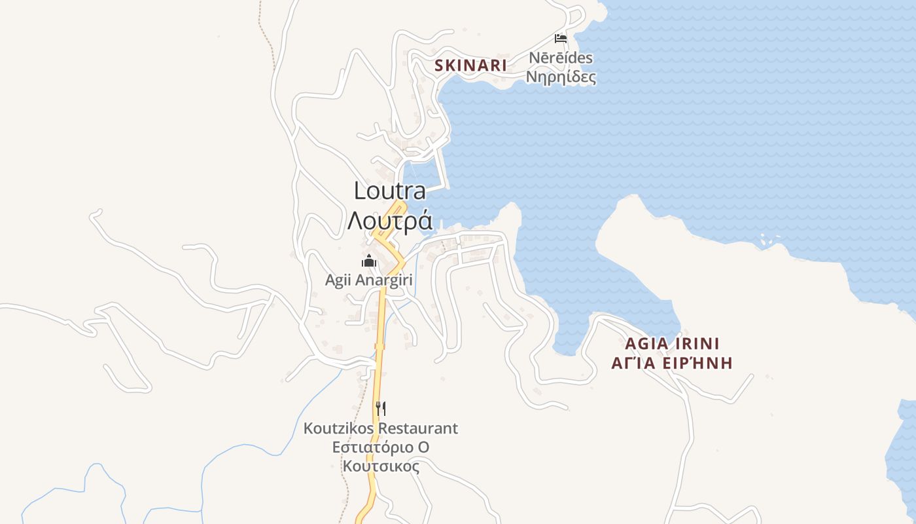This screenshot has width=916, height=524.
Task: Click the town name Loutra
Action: tap(390, 191)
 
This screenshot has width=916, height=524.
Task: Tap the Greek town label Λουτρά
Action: tap(390, 221)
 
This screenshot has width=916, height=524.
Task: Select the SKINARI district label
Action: tap(471, 65)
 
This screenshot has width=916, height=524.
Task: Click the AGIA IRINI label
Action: tap(672, 344)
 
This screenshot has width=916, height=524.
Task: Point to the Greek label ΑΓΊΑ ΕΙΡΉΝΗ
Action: tap(672, 364)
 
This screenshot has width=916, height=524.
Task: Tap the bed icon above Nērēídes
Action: tap(561, 38)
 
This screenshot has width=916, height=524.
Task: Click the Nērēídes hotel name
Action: tap(561, 58)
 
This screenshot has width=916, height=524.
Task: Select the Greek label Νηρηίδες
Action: tap(561, 77)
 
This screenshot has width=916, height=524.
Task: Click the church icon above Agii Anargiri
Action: tap(369, 261)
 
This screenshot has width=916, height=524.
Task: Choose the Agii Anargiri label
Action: tap(369, 280)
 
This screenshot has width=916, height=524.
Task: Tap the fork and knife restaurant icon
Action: tap(381, 409)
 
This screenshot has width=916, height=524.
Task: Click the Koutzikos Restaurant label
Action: tap(381, 428)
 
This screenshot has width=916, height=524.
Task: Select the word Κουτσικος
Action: tap(381, 466)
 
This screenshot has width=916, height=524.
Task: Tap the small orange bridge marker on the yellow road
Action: tap(379, 346)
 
